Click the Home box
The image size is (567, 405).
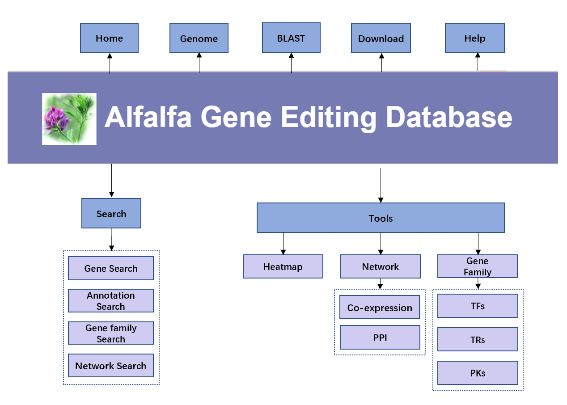tap(110, 38)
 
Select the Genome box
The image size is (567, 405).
tap(199, 38)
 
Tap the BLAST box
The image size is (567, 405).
tap(292, 38)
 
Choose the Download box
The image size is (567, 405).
tap(381, 38)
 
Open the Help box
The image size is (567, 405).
tap(475, 38)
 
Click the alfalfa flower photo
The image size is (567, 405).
tap(69, 119)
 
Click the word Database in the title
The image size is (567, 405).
tap(449, 117)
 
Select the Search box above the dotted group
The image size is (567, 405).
tap(111, 213)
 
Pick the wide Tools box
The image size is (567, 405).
tap(381, 218)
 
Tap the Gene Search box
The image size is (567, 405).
tap(111, 268)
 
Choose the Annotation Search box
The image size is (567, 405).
tap(111, 301)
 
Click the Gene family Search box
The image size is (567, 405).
tap(111, 333)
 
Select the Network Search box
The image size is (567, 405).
tap(111, 366)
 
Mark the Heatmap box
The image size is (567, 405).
tap(283, 266)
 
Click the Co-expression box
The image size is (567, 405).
tap(380, 308)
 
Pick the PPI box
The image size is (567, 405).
tap(380, 337)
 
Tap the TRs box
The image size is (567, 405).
tap(478, 339)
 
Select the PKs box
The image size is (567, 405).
tap(478, 373)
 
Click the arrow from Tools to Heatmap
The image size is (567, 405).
tap(283, 244)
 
